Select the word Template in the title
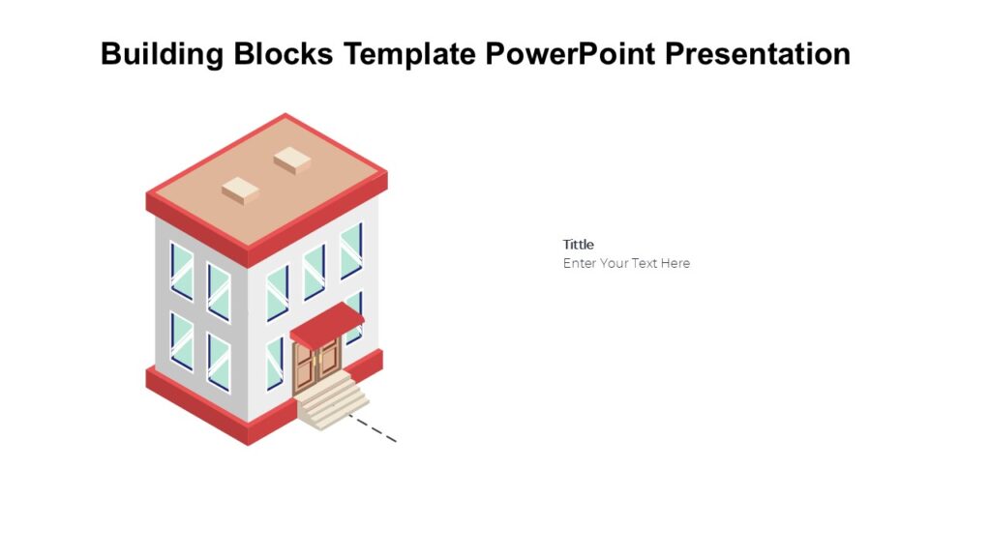[x=411, y=54]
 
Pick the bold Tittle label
[x=579, y=245]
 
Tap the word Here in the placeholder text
[x=676, y=263]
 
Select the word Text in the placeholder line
[x=645, y=263]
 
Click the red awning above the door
[x=326, y=324]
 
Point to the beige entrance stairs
[x=332, y=400]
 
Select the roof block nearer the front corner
[x=241, y=190]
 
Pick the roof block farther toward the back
[x=290, y=159]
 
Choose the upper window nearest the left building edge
[x=181, y=270]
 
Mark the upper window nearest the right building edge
[x=351, y=249]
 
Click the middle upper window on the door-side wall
[x=314, y=271]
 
